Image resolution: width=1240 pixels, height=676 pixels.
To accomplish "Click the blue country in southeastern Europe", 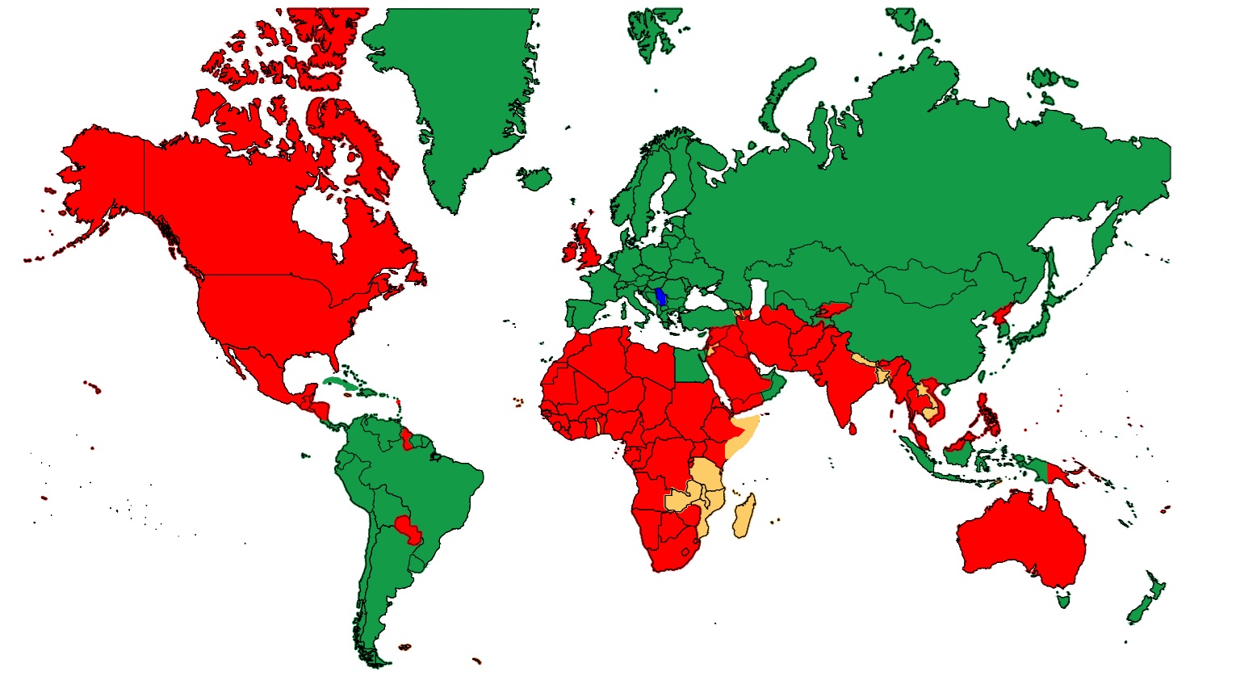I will (x=660, y=296).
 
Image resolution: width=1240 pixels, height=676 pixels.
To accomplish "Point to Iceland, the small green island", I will (x=534, y=177).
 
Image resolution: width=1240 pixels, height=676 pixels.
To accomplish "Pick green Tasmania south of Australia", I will (x=1066, y=600).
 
